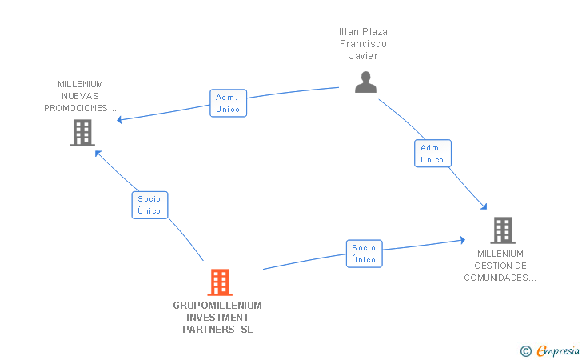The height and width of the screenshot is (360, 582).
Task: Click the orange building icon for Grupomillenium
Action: tap(220, 282)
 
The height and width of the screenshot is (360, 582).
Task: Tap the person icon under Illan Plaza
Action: tap(365, 82)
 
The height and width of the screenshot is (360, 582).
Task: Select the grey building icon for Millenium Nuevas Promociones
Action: tap(82, 133)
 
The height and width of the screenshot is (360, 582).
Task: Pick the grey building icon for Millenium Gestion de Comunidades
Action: tap(502, 230)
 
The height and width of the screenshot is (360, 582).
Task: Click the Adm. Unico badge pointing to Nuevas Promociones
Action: tap(228, 103)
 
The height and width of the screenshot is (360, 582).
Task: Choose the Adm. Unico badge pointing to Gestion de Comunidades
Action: tap(432, 154)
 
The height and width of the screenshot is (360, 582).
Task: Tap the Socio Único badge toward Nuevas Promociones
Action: tap(149, 205)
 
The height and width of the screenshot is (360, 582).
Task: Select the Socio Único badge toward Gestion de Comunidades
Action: tap(364, 254)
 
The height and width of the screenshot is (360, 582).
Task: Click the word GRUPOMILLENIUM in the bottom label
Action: tap(217, 305)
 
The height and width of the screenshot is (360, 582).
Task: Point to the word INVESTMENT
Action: tap(217, 317)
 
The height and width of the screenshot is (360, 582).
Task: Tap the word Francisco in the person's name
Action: tap(363, 44)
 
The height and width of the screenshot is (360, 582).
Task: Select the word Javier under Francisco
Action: tap(363, 56)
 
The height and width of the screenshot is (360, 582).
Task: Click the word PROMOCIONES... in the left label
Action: tap(81, 108)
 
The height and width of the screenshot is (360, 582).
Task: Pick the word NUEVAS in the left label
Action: tap(81, 96)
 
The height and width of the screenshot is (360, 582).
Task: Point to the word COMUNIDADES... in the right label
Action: tap(500, 278)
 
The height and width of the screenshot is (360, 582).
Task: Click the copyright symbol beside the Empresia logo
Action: tap(525, 350)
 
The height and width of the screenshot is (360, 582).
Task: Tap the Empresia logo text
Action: tap(558, 350)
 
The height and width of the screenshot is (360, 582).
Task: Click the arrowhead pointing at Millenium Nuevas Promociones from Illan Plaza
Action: tap(119, 121)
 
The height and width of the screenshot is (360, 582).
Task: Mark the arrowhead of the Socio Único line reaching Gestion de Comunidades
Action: tap(462, 239)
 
